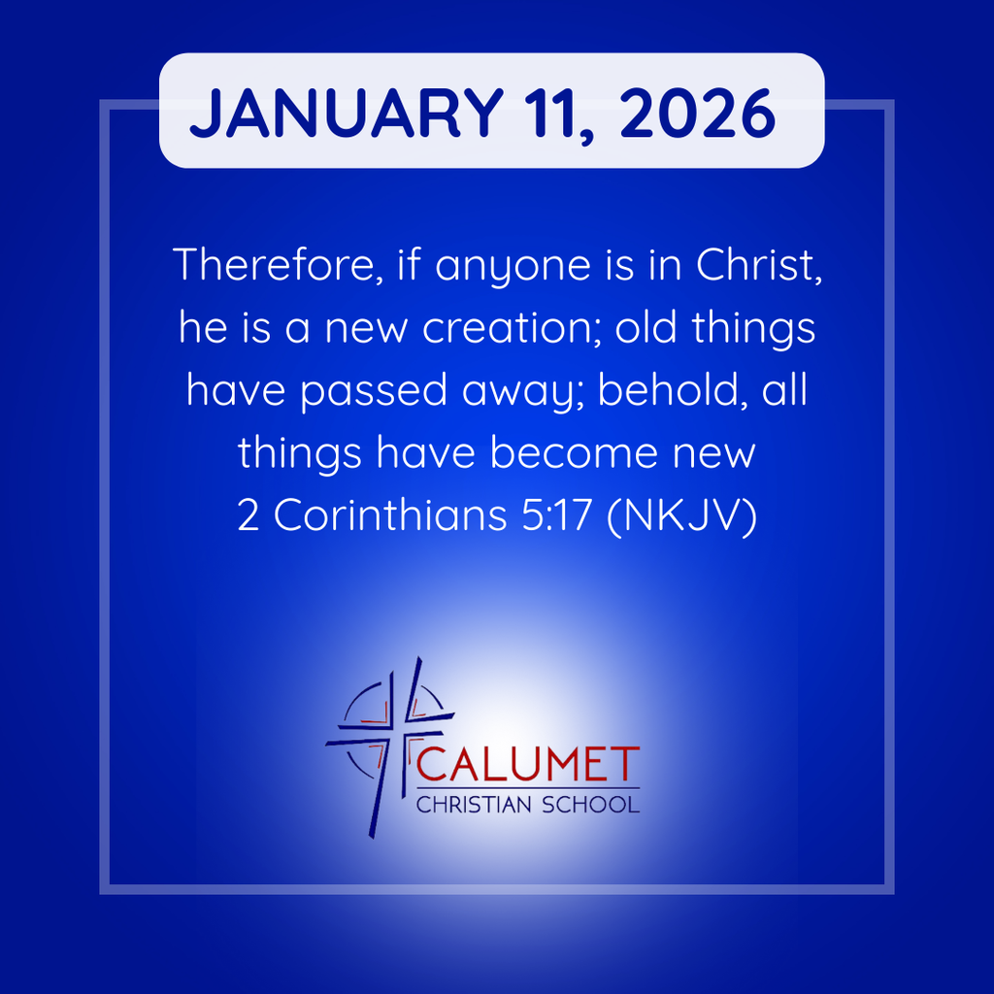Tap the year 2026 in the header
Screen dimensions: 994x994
(x=697, y=114)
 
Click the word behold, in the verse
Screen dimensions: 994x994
(x=670, y=390)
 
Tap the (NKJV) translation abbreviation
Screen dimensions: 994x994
(x=679, y=516)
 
